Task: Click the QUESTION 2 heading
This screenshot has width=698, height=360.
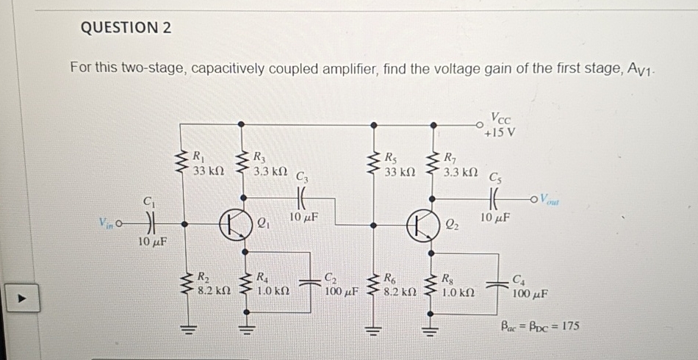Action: click(x=125, y=28)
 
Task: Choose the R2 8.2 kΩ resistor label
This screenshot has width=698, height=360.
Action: click(x=208, y=284)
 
